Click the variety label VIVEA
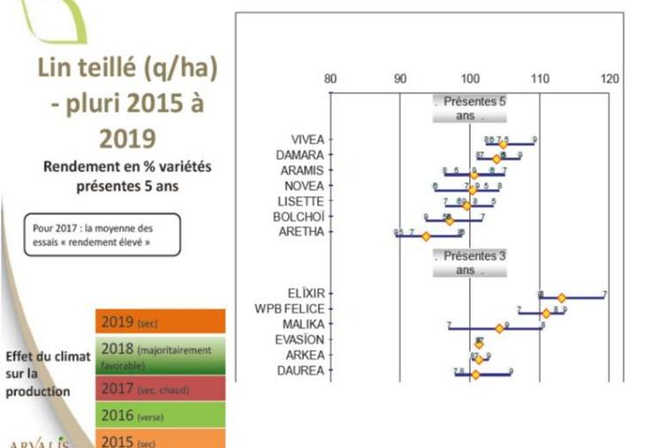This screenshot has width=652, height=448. tap(307, 140)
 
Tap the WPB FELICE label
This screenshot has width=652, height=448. tap(291, 308)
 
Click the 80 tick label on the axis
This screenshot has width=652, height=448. tap(330, 79)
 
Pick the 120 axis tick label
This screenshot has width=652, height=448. tap(609, 79)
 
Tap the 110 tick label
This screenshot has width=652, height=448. tap(539, 79)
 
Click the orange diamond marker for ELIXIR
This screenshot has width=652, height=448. tap(561, 298)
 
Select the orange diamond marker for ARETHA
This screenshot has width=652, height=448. tap(426, 236)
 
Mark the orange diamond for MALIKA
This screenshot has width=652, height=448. tap(499, 328)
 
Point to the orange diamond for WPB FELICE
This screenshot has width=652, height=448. tap(546, 313)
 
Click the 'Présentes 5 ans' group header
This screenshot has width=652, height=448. tap(469, 108)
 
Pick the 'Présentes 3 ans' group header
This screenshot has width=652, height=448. tap(469, 262)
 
